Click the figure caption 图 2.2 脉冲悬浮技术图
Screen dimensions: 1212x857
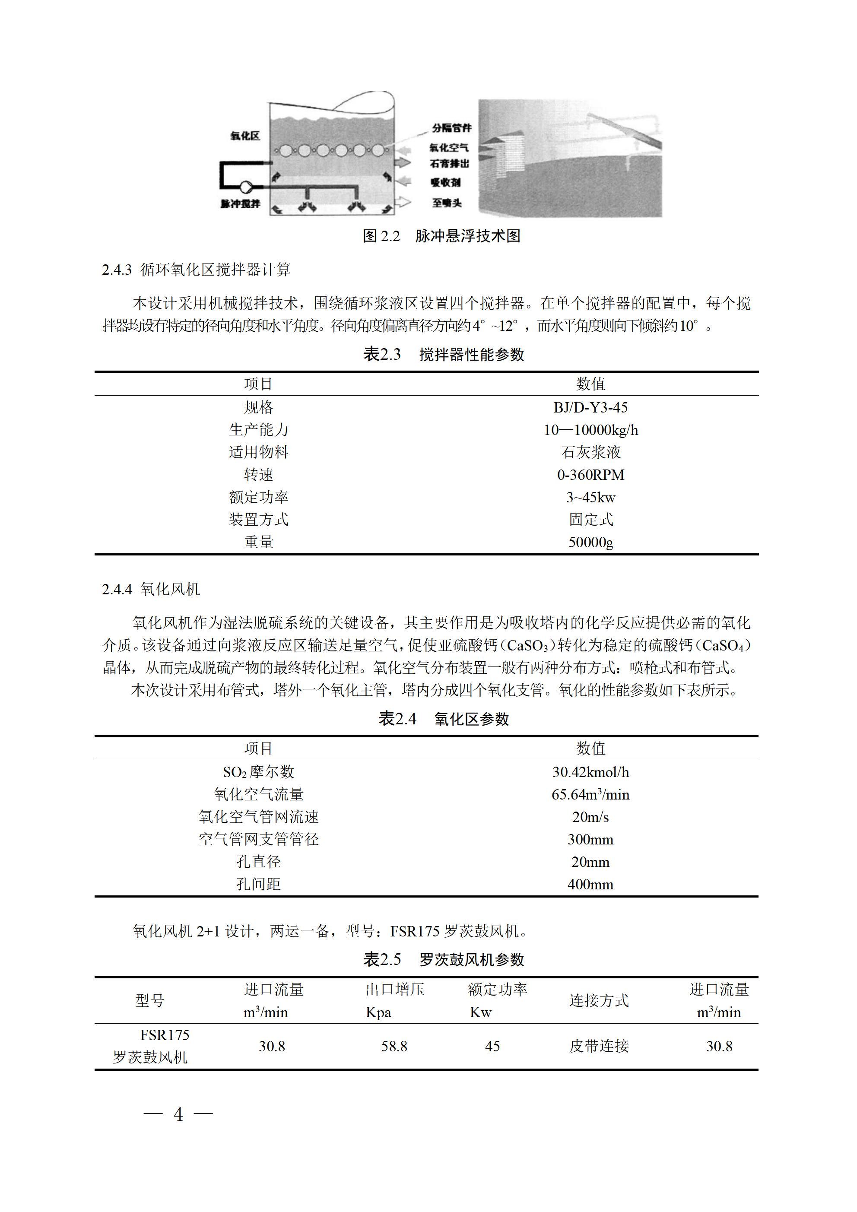pos(441,236)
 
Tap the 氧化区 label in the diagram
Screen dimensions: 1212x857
pos(245,136)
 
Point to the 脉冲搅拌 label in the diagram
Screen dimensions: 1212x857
pos(240,203)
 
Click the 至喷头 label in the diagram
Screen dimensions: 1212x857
pos(447,203)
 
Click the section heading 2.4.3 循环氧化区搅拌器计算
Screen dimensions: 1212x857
pos(196,270)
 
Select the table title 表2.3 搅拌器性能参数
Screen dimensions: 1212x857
pos(444,354)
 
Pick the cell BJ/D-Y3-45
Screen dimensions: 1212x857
pos(590,407)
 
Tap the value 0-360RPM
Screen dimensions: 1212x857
pos(590,475)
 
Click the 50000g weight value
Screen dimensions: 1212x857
pos(590,542)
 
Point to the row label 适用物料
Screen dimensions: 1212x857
pos(258,452)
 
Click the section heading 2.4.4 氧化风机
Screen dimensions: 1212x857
pos(151,589)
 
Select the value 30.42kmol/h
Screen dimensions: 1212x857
pos(590,772)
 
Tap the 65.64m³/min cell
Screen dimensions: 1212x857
pos(590,794)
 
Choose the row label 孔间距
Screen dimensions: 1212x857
pos(258,884)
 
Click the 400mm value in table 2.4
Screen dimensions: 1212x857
pos(590,884)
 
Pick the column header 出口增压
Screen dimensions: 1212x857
pos(394,989)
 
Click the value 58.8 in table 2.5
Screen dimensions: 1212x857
pos(394,1046)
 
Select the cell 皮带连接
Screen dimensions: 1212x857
pos(599,1046)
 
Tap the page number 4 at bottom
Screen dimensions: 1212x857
pos(178,1114)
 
